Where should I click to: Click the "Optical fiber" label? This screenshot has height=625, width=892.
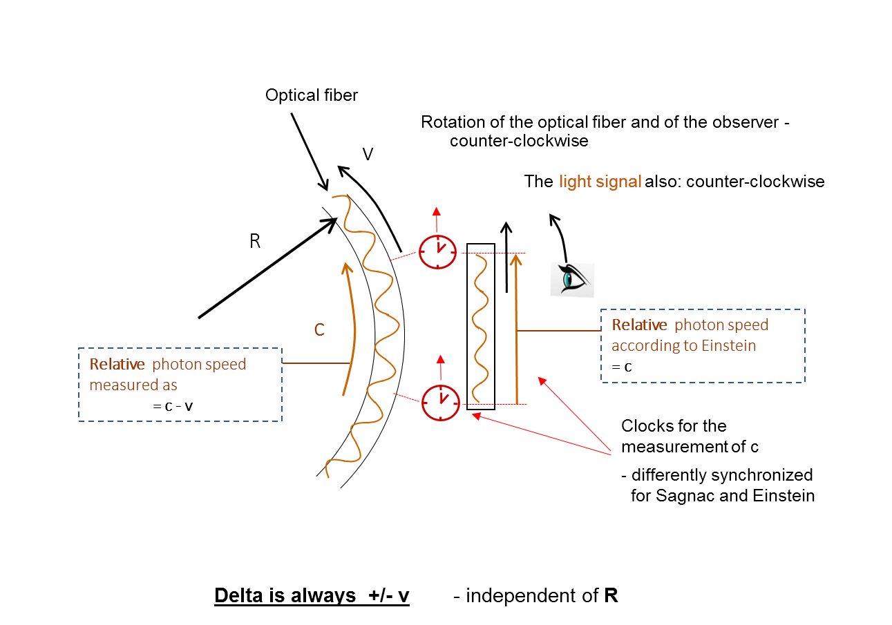tap(312, 95)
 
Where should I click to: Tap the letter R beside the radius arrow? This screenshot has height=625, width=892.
tap(255, 241)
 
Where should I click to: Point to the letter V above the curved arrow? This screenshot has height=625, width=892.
tap(368, 154)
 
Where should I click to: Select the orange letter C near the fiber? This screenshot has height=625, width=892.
tap(319, 329)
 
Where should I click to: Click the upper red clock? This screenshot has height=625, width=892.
tap(437, 252)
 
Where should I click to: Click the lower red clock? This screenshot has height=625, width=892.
tap(440, 403)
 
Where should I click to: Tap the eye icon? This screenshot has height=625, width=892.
tap(572, 280)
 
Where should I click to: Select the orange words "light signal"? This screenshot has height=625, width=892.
tap(600, 182)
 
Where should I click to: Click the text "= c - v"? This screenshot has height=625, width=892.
tap(173, 407)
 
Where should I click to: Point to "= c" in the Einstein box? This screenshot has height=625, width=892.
tap(622, 367)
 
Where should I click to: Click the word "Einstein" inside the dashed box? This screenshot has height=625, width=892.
tap(728, 345)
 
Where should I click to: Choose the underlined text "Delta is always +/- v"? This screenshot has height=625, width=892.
tap(312, 596)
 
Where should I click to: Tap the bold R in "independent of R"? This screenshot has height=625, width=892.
tap(611, 595)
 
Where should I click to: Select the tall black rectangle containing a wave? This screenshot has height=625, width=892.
tap(481, 327)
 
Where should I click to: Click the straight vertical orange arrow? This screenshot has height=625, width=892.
tap(517, 329)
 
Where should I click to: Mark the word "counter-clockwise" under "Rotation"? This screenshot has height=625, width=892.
tap(519, 141)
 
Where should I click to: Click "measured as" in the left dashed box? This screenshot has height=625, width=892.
tap(133, 385)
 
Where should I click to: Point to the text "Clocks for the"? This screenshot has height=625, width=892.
tap(674, 426)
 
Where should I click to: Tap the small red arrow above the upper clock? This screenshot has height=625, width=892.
tap(437, 220)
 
